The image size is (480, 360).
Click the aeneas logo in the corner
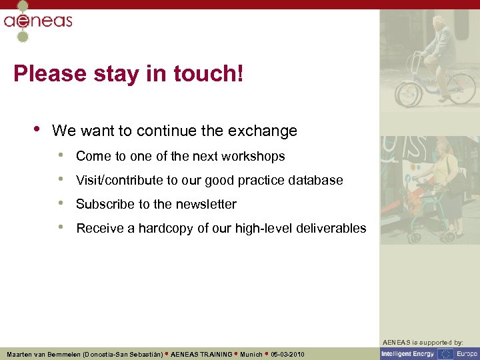(x=37, y=21)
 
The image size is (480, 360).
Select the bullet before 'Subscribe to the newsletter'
(x=61, y=203)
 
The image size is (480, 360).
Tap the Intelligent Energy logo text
(x=407, y=353)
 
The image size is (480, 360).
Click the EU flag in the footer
(x=445, y=353)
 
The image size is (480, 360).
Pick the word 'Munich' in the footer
(x=251, y=354)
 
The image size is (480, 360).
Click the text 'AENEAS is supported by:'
(x=429, y=342)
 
